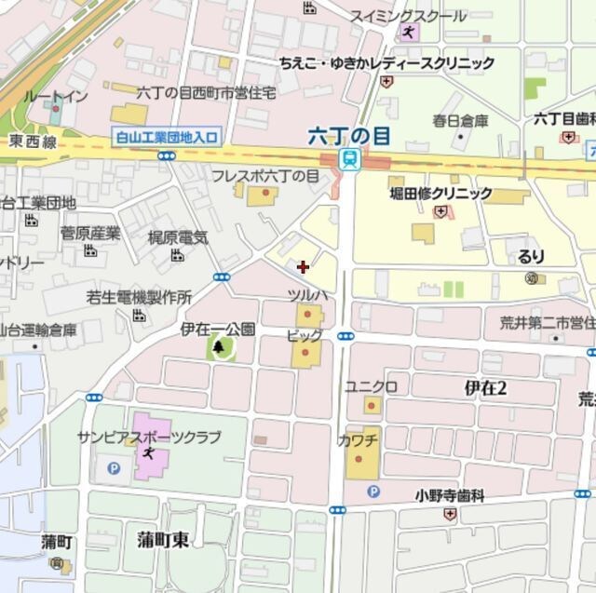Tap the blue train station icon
point(349,159)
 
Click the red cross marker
point(303,267)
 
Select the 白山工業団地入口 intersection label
point(165,137)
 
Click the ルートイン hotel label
point(56,97)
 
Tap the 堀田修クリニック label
point(441,194)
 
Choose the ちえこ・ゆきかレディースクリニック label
point(386,63)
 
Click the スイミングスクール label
point(408,16)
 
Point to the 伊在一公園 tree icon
point(219,347)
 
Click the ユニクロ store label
point(372,386)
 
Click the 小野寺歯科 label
point(450,496)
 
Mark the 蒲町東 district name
point(162,539)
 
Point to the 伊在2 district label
point(485,389)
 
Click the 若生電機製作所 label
point(139,298)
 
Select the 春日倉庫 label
point(460,121)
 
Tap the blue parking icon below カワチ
point(372,491)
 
